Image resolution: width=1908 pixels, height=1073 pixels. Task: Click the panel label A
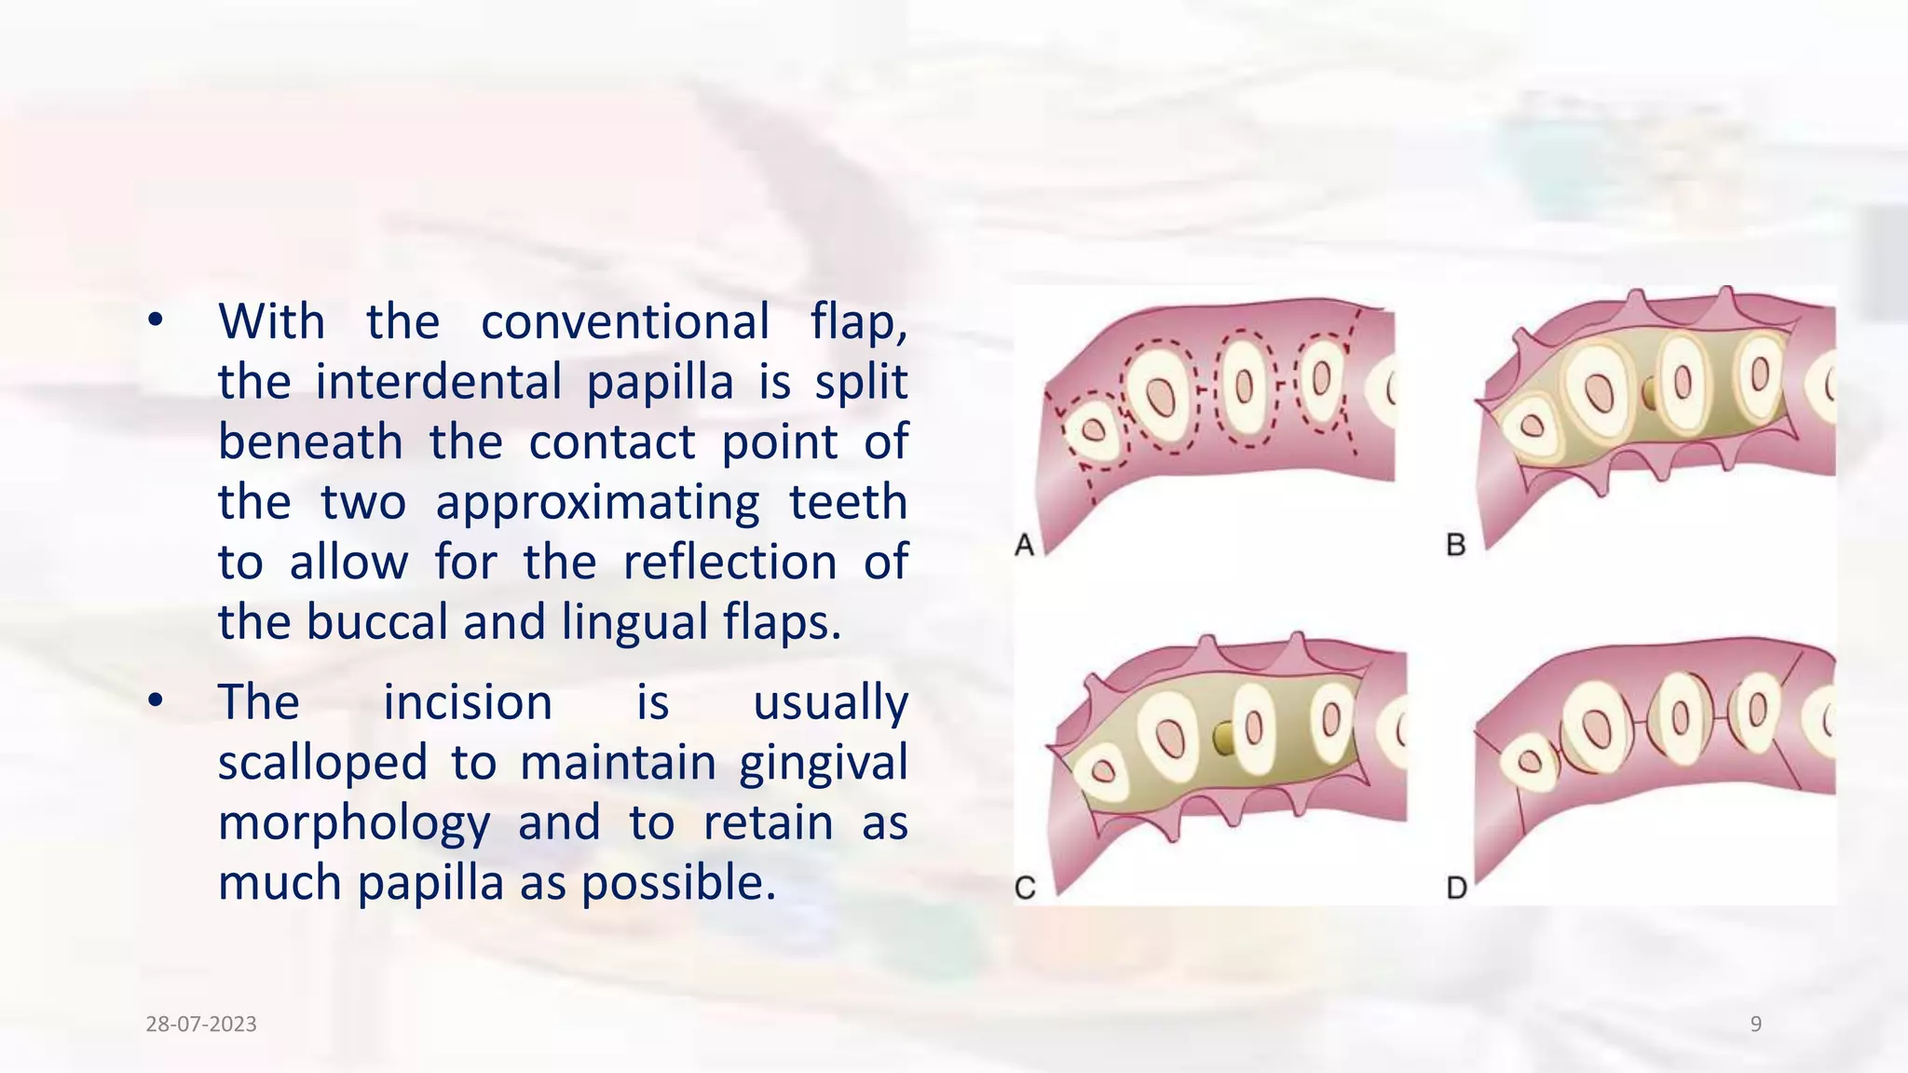click(x=1025, y=544)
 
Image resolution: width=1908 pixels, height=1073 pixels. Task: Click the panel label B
click(x=1456, y=544)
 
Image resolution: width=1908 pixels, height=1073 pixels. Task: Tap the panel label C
click(x=1025, y=888)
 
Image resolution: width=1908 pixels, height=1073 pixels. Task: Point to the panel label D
click(x=1457, y=888)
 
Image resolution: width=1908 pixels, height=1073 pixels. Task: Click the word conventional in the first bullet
click(x=625, y=322)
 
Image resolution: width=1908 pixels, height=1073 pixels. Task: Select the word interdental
click(x=439, y=382)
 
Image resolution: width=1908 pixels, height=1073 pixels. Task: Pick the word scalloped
click(x=322, y=763)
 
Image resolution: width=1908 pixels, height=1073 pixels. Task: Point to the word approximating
click(x=597, y=503)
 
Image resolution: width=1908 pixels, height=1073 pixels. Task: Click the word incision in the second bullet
click(x=468, y=702)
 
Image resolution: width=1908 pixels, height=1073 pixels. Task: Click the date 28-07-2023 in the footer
click(x=201, y=1025)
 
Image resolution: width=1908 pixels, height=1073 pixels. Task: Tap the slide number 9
click(x=1756, y=1025)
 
